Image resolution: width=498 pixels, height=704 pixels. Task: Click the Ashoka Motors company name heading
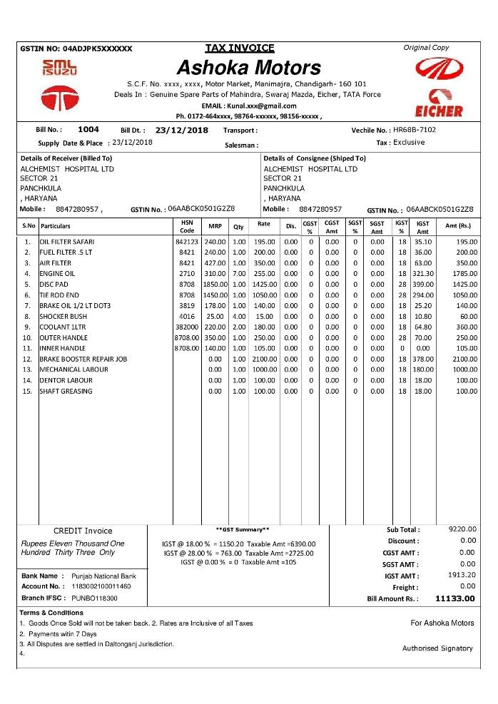coord(248,68)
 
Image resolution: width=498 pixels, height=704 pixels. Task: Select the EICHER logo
coord(438,103)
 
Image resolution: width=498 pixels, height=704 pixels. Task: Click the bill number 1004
coord(88,130)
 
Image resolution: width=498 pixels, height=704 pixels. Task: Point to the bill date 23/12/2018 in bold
coord(181,131)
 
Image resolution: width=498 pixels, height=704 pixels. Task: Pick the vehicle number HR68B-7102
coord(415,130)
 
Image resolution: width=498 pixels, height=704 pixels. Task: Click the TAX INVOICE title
coord(240,48)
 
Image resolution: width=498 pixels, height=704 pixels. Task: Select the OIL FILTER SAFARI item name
coord(67,242)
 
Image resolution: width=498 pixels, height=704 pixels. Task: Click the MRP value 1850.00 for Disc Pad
coord(215,285)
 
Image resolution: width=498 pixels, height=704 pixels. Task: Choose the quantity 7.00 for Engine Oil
coord(239,274)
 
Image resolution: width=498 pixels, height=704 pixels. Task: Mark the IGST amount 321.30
coord(423,274)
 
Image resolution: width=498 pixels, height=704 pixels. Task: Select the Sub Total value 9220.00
coord(462,529)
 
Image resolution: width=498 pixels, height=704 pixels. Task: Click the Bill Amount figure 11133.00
coord(454,598)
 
